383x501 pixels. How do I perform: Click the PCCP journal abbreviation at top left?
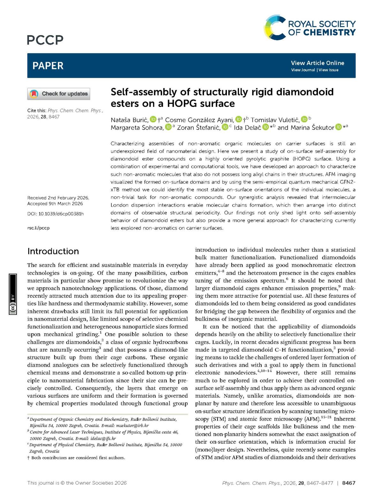pos(45,40)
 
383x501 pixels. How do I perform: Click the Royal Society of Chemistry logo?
pos(310,28)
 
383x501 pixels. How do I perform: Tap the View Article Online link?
pos(317,63)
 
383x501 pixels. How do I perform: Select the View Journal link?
pos(303,70)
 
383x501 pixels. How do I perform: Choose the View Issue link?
pos(328,70)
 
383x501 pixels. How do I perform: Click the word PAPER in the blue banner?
pos(48,66)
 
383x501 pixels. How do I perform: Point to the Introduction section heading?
pos(53,251)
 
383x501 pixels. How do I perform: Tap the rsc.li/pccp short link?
pos(38,228)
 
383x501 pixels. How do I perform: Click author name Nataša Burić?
pos(129,120)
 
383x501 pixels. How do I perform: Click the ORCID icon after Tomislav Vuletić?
pos(304,119)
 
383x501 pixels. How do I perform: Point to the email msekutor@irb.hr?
pos(132,425)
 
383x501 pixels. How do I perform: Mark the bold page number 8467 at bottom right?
pos(349,483)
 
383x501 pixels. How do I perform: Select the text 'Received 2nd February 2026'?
pos(58,198)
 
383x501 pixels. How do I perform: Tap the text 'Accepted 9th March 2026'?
pos(55,204)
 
